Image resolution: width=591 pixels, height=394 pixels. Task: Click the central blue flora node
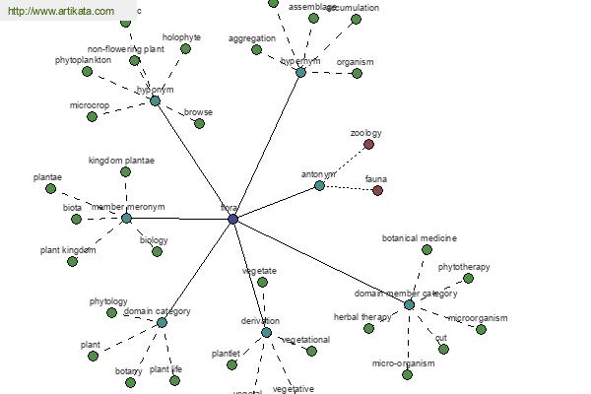point(233,219)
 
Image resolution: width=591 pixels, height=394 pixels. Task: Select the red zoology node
point(369,145)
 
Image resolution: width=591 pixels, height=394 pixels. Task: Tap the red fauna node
point(377,190)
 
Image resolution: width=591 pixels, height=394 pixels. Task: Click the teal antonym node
point(319,185)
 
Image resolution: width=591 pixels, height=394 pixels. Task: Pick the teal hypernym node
point(300,72)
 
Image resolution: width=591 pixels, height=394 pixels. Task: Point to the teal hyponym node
point(155,100)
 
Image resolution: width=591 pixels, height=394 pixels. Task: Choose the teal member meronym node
point(126,218)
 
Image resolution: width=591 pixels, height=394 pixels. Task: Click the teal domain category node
point(162,322)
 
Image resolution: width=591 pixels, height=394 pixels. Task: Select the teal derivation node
point(266,332)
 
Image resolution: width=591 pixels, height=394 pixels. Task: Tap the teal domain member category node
point(409,304)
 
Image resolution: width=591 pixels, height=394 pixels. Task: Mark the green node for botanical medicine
point(427,250)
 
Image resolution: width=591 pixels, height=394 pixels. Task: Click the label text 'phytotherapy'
point(464,267)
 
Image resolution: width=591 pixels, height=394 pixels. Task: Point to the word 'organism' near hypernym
point(355,62)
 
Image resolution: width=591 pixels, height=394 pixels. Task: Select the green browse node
point(199,124)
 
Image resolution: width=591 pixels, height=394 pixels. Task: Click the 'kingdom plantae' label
point(121,160)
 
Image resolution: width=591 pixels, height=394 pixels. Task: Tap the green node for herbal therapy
point(369,328)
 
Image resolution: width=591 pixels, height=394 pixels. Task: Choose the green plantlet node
point(231,364)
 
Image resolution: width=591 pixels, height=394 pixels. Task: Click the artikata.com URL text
point(59,11)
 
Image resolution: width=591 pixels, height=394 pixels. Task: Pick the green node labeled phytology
point(111,313)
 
